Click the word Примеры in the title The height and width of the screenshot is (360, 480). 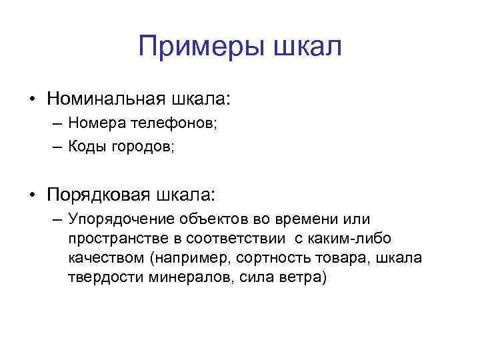(x=195, y=47)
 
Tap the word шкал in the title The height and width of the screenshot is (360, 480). (x=306, y=47)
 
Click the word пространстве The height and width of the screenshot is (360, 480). (x=113, y=239)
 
